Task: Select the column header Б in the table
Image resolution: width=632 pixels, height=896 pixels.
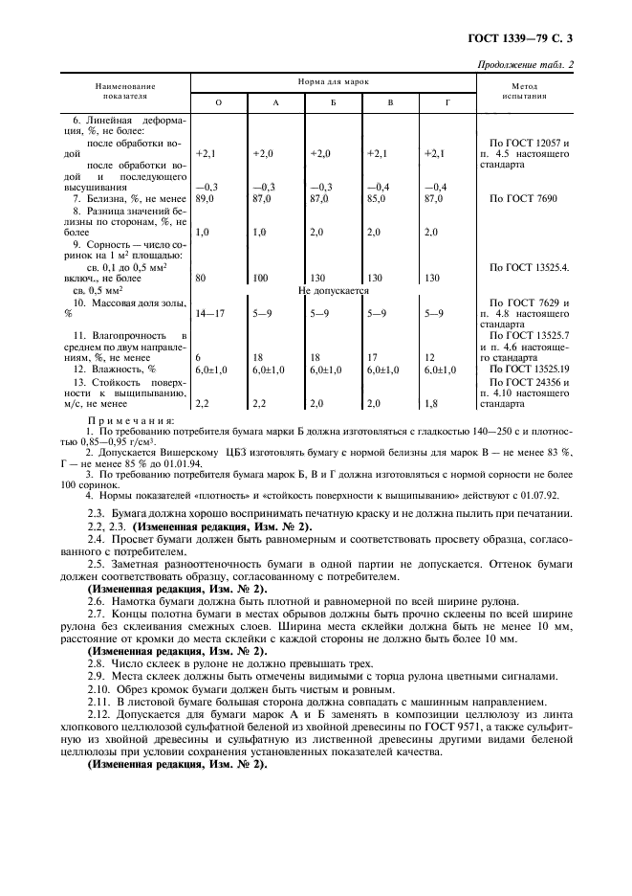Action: point(333,102)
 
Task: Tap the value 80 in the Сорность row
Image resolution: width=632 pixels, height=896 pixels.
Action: point(201,279)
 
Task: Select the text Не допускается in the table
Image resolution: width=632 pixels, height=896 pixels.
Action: point(334,290)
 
